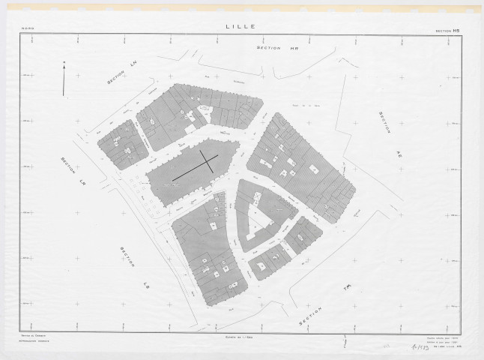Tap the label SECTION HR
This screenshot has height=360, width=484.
tap(273, 47)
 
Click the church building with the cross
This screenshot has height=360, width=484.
tap(192, 171)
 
